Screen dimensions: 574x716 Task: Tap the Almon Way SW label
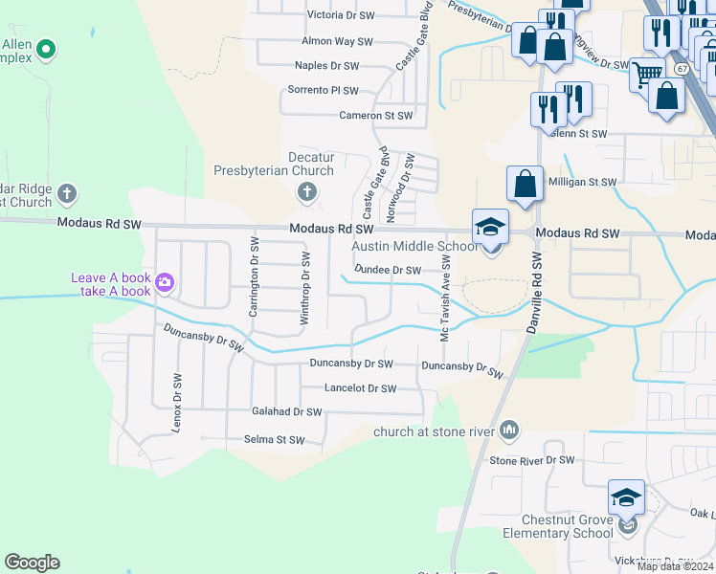pos(337,41)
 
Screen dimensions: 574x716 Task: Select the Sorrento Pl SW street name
pos(323,90)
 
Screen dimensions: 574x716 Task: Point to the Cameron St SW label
pos(376,115)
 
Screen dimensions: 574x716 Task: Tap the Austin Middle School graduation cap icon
pos(490,227)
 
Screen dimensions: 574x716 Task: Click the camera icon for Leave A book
pos(165,282)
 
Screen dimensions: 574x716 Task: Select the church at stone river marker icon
pos(509,431)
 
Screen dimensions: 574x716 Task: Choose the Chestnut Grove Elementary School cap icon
pos(626,497)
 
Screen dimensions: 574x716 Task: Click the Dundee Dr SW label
pos(388,270)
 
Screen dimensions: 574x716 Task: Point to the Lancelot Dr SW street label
pos(360,388)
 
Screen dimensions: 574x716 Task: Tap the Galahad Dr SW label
pos(286,411)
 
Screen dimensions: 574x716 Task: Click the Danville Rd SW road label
pos(536,291)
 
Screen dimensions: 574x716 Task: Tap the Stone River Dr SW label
pos(532,460)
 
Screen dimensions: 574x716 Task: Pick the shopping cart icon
pos(648,72)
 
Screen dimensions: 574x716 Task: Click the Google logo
pos(32,563)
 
